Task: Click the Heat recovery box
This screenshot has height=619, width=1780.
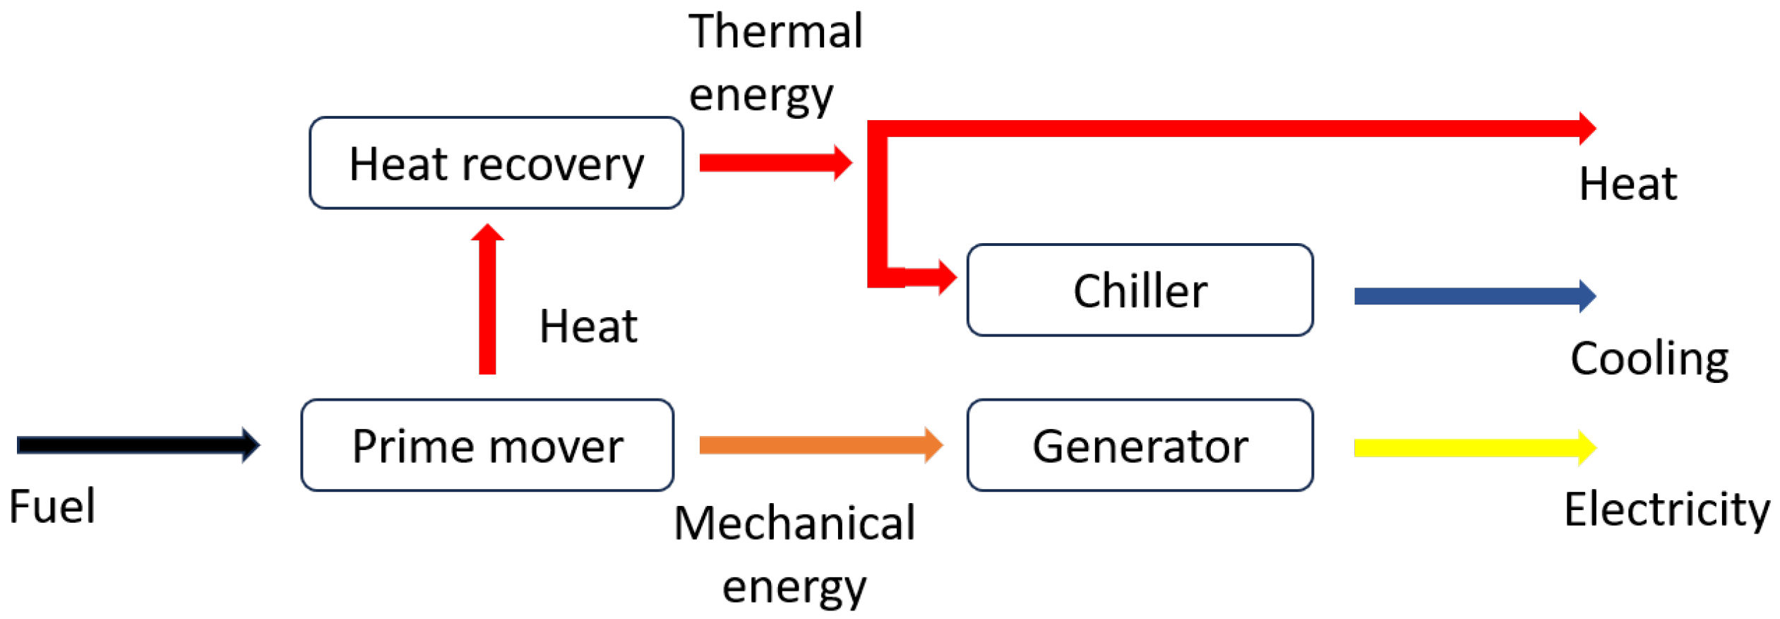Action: (x=496, y=163)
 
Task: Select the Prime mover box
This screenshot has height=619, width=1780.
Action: (x=487, y=445)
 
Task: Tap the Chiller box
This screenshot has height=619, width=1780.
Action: (x=1140, y=290)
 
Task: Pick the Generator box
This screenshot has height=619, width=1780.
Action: (x=1140, y=445)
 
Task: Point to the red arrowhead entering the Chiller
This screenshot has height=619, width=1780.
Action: (x=946, y=277)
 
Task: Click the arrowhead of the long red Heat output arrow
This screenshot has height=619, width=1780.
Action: (x=1587, y=129)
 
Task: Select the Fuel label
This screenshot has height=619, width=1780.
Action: (x=52, y=507)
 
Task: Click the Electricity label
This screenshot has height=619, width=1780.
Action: (x=1666, y=509)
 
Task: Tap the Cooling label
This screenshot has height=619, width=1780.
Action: (x=1649, y=360)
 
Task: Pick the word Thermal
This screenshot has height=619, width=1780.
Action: (x=775, y=32)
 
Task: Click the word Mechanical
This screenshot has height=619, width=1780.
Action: (x=794, y=524)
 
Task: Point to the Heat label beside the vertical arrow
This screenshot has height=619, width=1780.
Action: (x=588, y=326)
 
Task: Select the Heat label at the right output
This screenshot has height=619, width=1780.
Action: (x=1627, y=184)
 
